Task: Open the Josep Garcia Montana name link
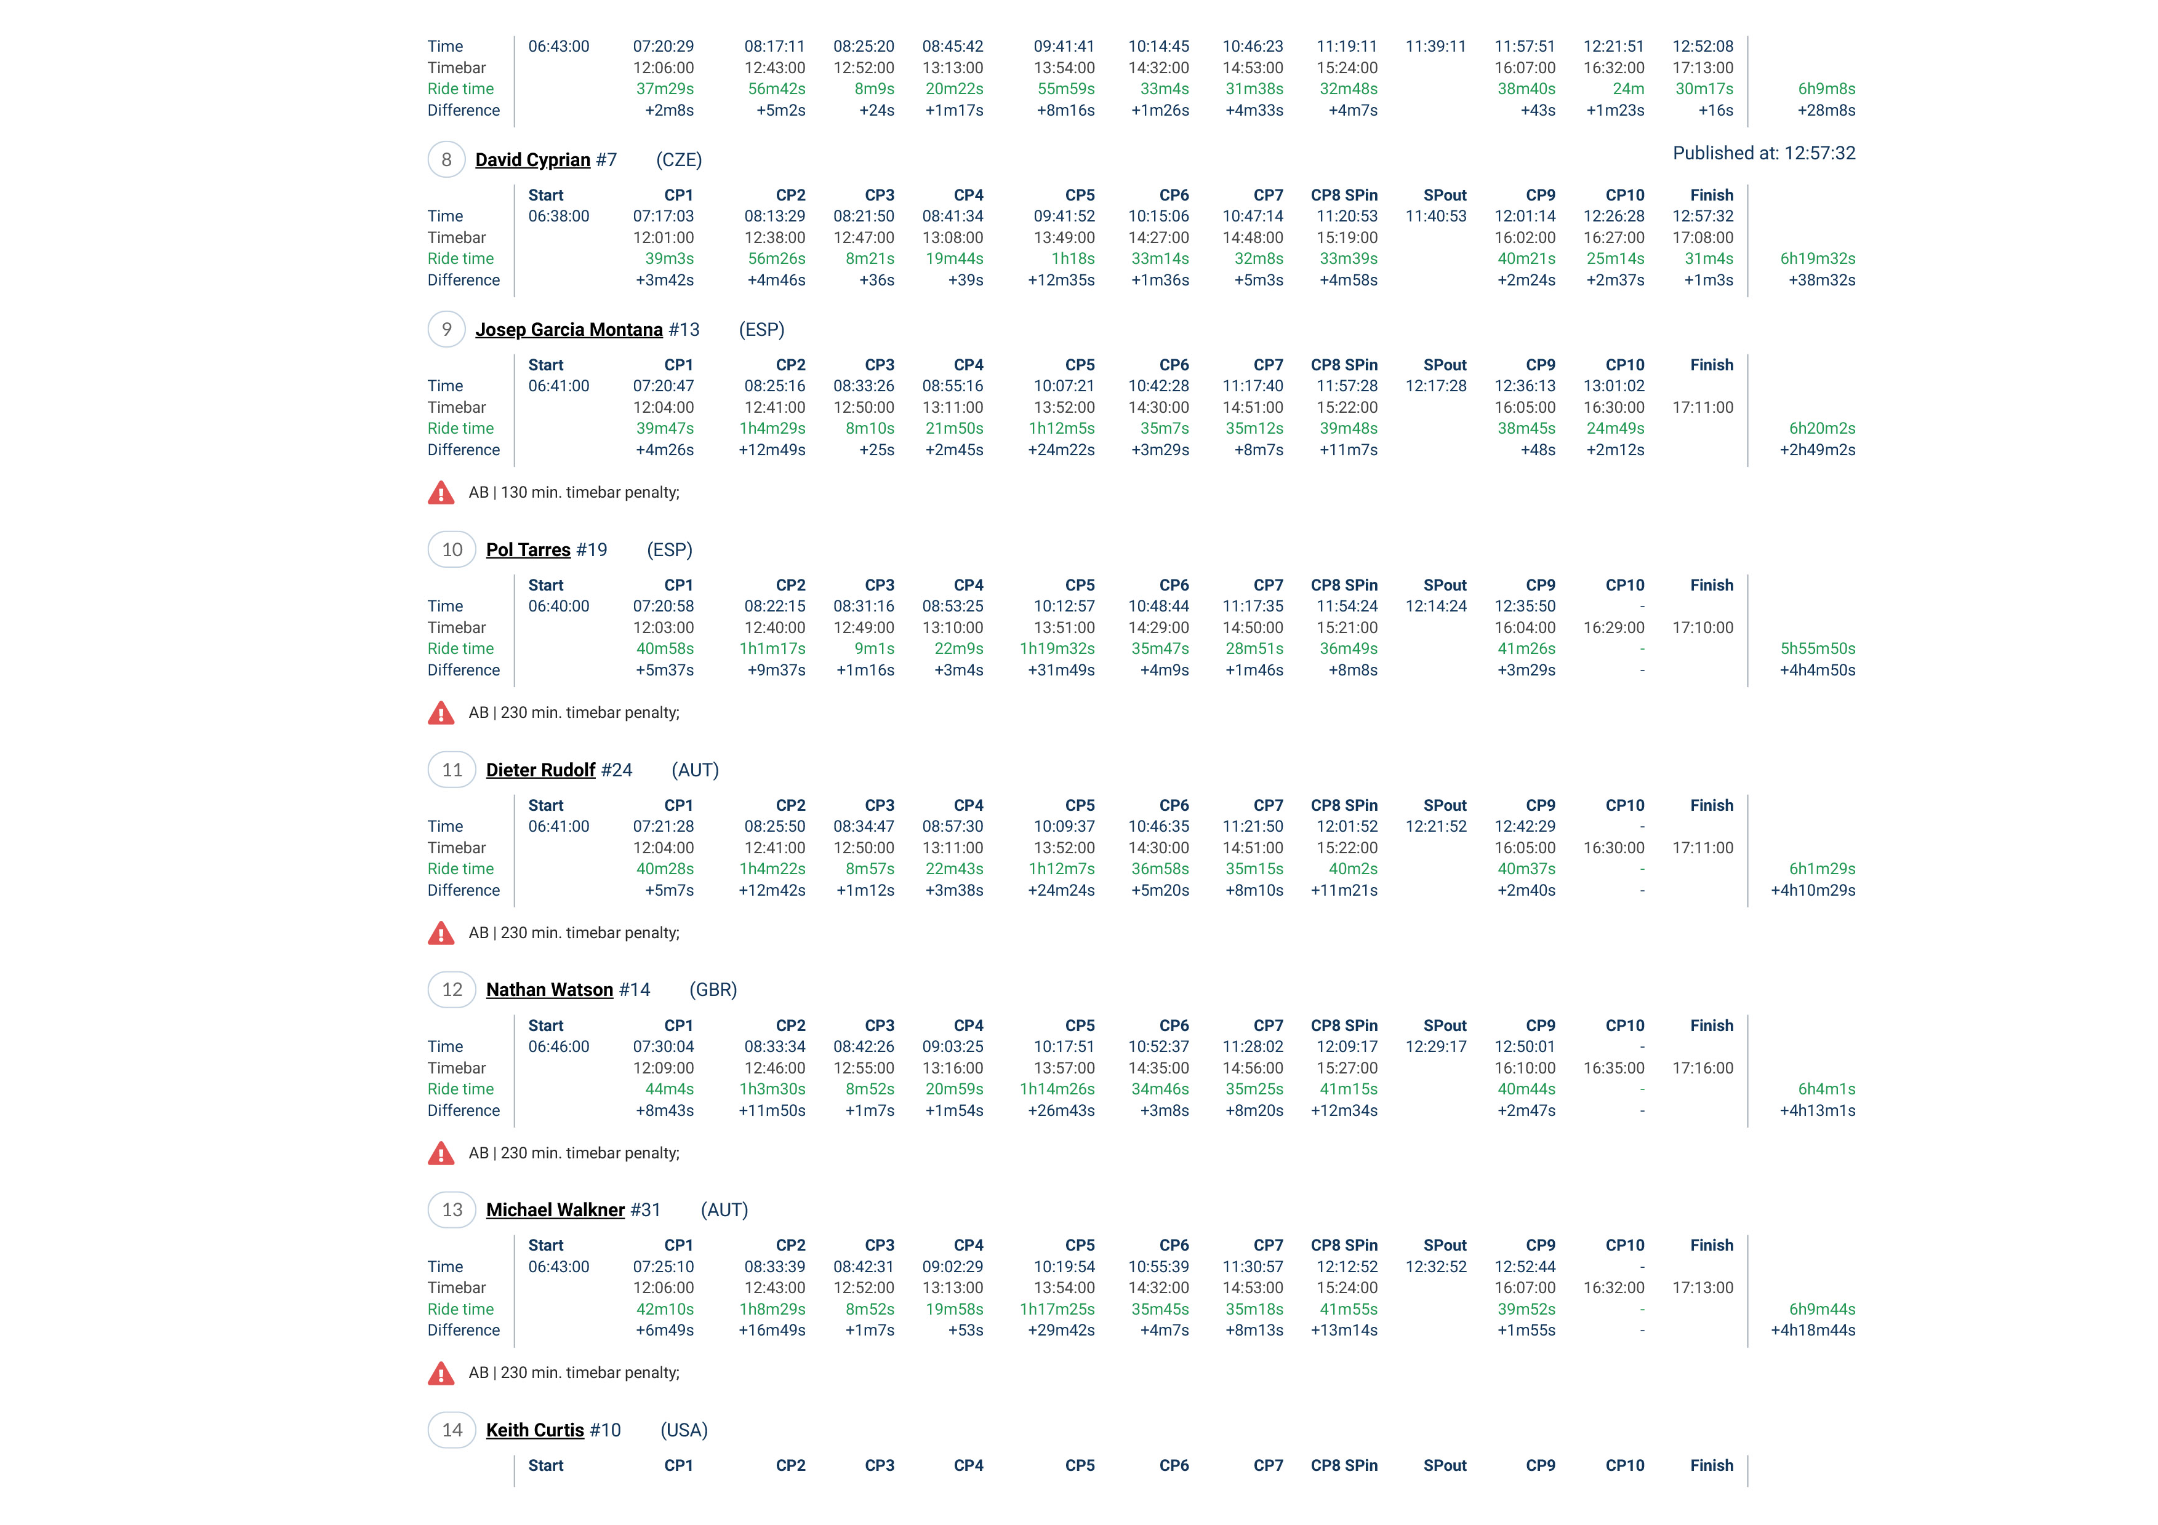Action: [x=569, y=330]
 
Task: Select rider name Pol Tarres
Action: [x=527, y=550]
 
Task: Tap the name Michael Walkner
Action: [x=555, y=1210]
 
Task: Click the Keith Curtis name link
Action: [x=535, y=1430]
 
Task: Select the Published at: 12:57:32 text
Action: [x=1763, y=153]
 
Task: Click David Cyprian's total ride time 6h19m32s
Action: [x=1817, y=258]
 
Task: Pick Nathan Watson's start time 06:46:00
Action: [x=558, y=1047]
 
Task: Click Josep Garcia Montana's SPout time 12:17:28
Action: [x=1435, y=386]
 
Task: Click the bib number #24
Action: [x=617, y=770]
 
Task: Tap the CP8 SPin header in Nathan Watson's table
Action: [x=1344, y=1026]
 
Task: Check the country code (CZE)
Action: [x=678, y=160]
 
